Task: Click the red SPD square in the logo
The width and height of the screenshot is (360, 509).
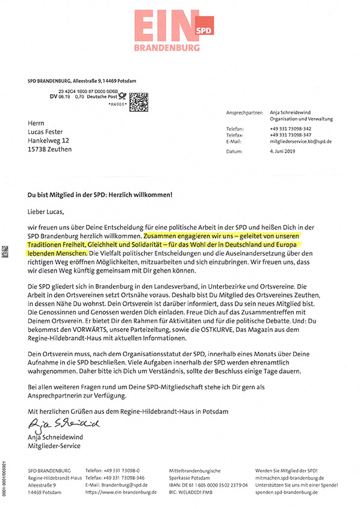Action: [205, 28]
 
